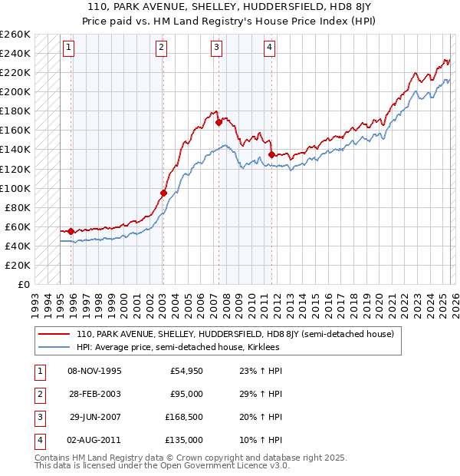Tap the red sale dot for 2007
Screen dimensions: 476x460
pos(219,121)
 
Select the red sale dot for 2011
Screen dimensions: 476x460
pos(272,154)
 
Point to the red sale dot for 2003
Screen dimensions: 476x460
pos(163,193)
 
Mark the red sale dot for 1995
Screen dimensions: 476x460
pos(71,231)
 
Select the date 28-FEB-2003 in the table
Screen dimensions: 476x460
pos(94,394)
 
